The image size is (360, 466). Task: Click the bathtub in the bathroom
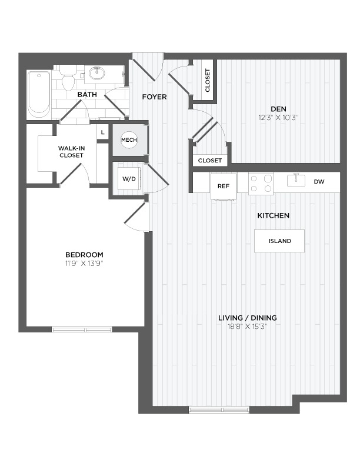(x=39, y=94)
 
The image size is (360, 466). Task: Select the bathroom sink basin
(x=97, y=74)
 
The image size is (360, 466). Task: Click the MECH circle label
(x=129, y=139)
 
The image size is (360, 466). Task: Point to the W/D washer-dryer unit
(x=129, y=179)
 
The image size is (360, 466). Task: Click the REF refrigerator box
(x=224, y=187)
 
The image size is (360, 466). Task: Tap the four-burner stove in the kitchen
(x=261, y=184)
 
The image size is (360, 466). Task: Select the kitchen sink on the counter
(x=296, y=181)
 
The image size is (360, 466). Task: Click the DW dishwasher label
(x=319, y=182)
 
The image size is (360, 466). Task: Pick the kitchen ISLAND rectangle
(x=279, y=241)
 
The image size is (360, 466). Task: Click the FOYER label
(x=155, y=97)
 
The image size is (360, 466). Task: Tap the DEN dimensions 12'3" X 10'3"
(x=278, y=118)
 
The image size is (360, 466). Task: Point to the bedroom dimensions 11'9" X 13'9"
(x=84, y=264)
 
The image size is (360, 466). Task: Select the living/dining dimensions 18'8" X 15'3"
(x=248, y=327)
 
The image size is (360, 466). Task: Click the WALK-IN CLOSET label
(x=71, y=152)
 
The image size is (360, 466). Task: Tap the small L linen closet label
(x=103, y=132)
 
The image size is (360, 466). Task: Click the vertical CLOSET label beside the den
(x=208, y=80)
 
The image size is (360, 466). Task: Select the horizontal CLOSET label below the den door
(x=210, y=161)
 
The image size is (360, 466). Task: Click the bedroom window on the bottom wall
(x=82, y=329)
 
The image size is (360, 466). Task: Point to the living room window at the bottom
(x=219, y=410)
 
